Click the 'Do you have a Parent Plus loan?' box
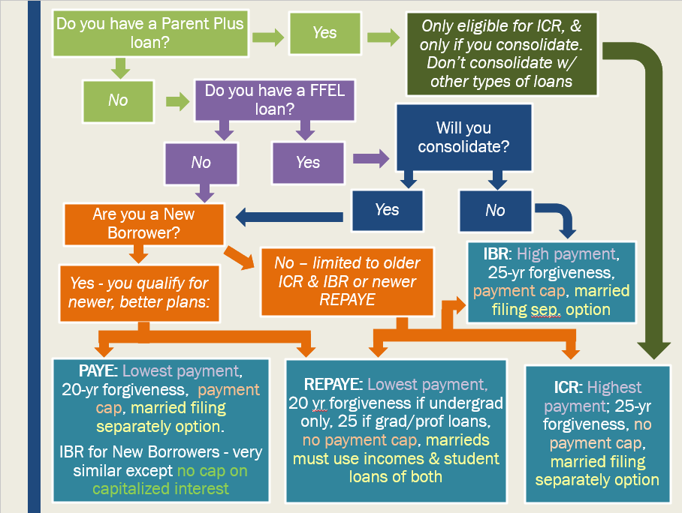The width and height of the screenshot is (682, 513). [x=150, y=34]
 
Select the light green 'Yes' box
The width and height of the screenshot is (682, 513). [x=325, y=33]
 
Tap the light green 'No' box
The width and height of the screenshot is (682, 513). [x=119, y=101]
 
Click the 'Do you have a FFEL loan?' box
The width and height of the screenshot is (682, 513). [x=275, y=100]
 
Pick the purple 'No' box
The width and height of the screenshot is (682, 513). [x=201, y=163]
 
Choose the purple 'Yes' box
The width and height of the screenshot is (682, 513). [x=308, y=163]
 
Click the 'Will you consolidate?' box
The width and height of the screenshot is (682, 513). [x=463, y=137]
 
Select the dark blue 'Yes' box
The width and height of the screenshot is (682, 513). [x=387, y=210]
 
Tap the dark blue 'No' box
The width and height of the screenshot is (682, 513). [x=496, y=211]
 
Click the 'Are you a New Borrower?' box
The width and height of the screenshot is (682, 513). [x=144, y=224]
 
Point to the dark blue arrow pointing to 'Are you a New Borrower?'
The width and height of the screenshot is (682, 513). [x=289, y=217]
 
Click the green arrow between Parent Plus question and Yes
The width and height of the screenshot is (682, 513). [x=268, y=37]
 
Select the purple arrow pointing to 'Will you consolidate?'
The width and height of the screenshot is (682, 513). [x=371, y=158]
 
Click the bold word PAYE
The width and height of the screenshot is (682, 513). [x=98, y=371]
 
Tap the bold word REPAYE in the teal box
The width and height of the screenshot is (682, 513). [x=333, y=385]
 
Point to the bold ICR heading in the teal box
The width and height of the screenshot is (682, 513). [x=568, y=388]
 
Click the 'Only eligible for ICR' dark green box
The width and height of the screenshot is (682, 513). [x=502, y=54]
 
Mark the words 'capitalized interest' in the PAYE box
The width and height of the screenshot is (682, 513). [x=161, y=489]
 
